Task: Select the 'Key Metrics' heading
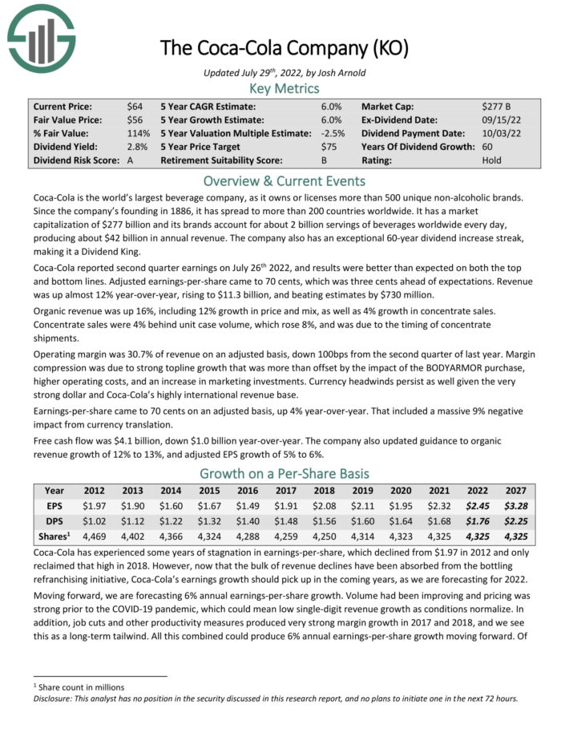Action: point(284,88)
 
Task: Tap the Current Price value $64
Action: point(135,106)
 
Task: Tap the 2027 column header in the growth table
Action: point(516,491)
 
